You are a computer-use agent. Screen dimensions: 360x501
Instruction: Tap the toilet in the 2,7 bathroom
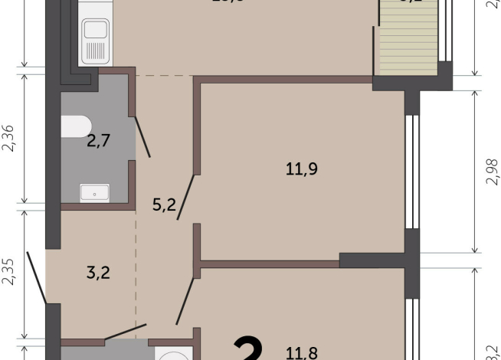tap(77, 126)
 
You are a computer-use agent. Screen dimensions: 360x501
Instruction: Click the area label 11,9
tap(301, 170)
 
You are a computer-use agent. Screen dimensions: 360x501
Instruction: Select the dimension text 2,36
tap(10, 138)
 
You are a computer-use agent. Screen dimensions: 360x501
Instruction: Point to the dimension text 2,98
tap(491, 172)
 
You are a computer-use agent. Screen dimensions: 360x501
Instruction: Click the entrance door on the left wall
tap(35, 275)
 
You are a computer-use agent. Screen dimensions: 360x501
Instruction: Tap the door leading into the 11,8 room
tap(185, 303)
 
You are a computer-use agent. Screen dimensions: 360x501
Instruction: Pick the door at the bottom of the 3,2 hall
tap(124, 332)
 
